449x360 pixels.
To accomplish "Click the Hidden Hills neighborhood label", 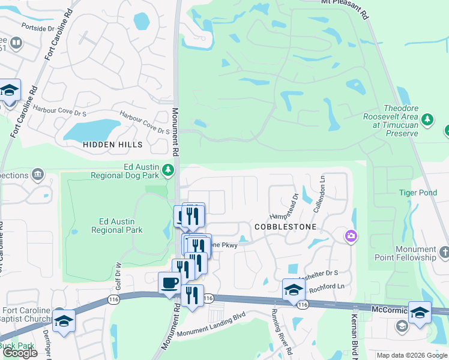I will tap(113, 145).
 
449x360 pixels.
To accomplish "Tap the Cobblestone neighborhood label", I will tap(285, 227).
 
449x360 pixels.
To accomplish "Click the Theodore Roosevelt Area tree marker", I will tap(427, 119).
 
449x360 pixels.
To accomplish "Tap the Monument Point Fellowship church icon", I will tap(444, 252).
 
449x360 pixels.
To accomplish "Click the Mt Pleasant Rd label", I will tap(344, 2).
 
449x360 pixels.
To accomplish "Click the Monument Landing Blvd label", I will tap(212, 329).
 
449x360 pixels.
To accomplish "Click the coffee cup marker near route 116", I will tap(169, 282).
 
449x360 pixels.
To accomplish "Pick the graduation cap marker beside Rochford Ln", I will tap(292, 289).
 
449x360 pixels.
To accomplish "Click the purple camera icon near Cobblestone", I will tap(350, 237).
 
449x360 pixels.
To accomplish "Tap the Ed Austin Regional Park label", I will tap(116, 226).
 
